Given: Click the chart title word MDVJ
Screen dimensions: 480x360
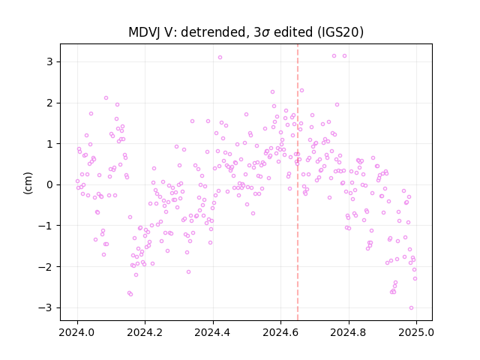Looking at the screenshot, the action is coord(143,32).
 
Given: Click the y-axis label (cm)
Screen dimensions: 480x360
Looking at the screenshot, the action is coord(28,183).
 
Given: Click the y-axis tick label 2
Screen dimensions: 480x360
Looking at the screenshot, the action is coord(49,103).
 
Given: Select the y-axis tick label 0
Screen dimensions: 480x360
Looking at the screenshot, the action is coord(49,185).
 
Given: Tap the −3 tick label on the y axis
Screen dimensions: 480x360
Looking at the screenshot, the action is coord(46,307).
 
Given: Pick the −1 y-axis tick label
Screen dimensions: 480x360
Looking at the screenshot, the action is coord(46,226).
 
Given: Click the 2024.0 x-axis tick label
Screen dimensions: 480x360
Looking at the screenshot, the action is coord(77,332).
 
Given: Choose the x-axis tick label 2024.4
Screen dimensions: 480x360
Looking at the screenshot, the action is coord(213,332).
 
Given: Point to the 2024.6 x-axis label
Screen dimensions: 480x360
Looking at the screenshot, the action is coord(280,332).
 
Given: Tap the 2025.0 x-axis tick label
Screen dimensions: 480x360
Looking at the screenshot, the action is coord(416,332).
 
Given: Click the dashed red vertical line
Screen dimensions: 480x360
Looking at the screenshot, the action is coord(298,182).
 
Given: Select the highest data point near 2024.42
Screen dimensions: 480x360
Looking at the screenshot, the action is coord(220,58).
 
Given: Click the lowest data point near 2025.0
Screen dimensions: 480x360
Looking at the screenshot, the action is coord(411,308).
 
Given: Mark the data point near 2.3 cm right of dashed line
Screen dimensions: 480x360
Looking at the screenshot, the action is coord(301,90).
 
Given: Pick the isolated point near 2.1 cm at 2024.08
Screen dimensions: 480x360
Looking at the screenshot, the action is coord(106,98).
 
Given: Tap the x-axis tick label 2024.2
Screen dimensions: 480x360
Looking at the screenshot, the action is coord(145,332).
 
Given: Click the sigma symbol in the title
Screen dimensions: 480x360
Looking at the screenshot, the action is coord(266,33).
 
